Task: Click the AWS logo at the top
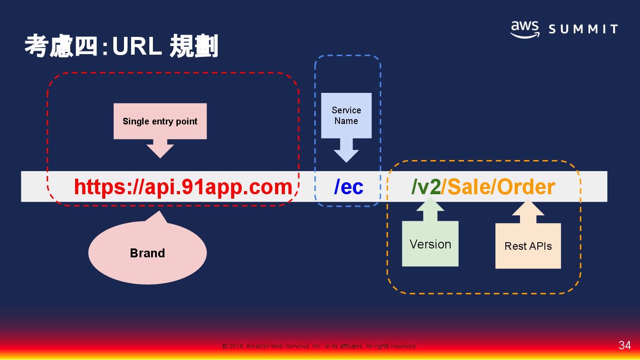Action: point(524,29)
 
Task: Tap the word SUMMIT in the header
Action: point(583,30)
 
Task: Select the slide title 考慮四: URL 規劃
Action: point(121,46)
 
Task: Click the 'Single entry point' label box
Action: point(160,121)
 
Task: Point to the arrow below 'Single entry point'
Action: point(160,148)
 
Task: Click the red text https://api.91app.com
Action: point(183,187)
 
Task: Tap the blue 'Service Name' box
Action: point(346,116)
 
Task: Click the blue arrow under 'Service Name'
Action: point(346,150)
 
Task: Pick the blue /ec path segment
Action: point(349,187)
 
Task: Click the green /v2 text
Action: point(426,187)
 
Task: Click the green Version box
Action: point(430,244)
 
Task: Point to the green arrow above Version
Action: point(430,210)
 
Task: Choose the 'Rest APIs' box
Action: point(528,246)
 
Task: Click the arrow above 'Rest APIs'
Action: point(528,212)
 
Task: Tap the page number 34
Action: point(624,345)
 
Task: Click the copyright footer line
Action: point(319,346)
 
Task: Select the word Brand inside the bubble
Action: point(148,253)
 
